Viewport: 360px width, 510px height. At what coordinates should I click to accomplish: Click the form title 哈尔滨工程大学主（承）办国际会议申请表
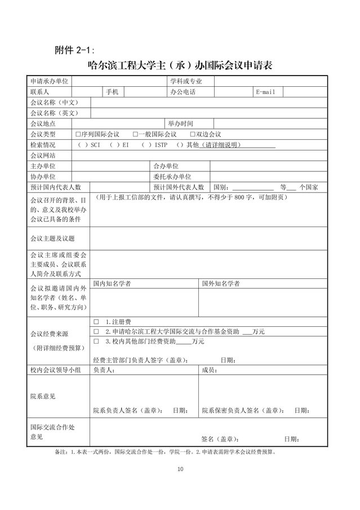pos(181,65)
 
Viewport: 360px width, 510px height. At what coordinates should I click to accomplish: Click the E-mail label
pos(265,92)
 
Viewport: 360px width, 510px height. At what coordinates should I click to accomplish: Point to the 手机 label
pos(112,92)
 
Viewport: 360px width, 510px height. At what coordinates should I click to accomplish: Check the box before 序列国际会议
pos(78,134)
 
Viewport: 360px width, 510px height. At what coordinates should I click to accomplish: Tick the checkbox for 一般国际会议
pos(135,134)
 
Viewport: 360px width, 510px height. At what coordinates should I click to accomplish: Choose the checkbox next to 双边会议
pos(193,134)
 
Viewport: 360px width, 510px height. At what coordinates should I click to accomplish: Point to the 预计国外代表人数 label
pos(179,187)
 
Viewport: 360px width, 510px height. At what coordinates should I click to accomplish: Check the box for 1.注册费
pos(96,321)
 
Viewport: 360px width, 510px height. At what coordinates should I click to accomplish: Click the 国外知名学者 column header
pos(221,283)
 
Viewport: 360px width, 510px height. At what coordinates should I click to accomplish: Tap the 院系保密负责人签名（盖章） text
pos(241,410)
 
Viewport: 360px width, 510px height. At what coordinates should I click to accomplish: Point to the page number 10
pos(180,469)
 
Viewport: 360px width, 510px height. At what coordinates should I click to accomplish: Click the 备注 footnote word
pos(60,452)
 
